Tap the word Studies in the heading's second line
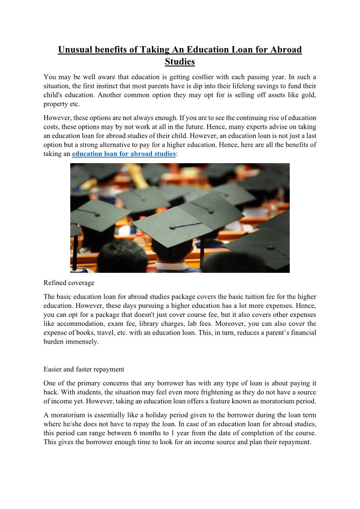[180, 62]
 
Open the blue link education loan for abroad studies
[124, 154]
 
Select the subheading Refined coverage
[69, 283]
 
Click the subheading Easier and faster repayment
[84, 369]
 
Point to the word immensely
[83, 342]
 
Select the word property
[55, 104]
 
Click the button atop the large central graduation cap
[172, 226]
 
